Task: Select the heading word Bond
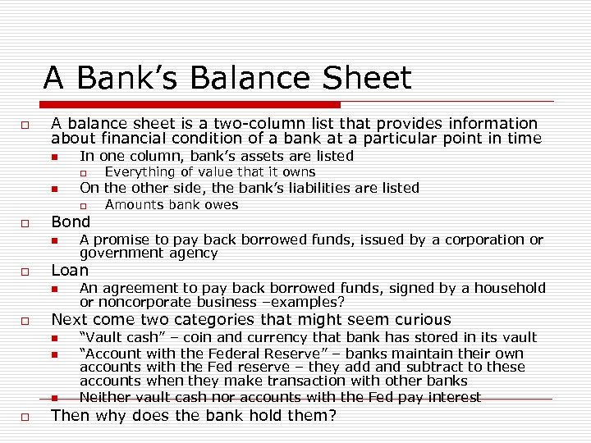click(x=71, y=221)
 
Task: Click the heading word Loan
click(x=70, y=270)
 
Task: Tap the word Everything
click(x=140, y=172)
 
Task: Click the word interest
click(x=452, y=397)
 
